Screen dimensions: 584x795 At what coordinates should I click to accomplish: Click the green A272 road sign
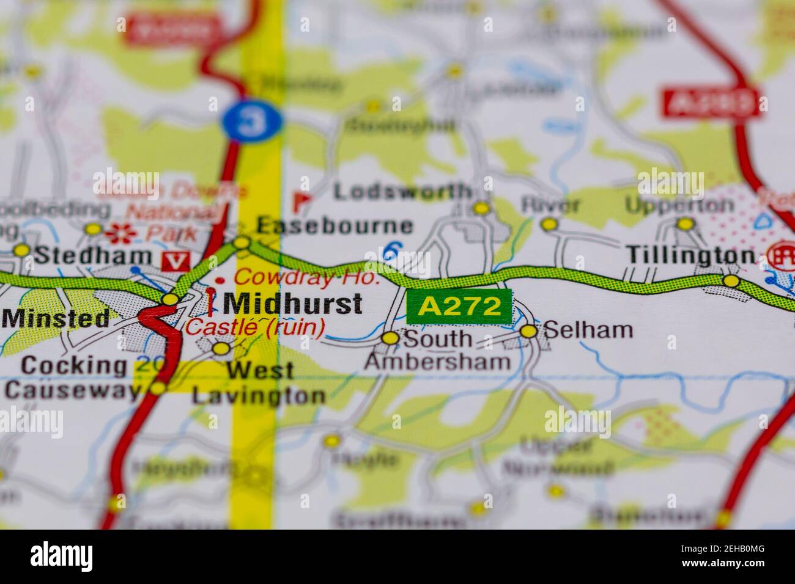point(459,307)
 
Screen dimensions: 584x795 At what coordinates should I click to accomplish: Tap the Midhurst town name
point(293,303)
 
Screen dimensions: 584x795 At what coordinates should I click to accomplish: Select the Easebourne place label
point(335,225)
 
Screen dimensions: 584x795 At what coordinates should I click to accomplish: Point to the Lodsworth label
point(403,191)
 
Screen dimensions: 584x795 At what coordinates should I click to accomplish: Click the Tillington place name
point(690,255)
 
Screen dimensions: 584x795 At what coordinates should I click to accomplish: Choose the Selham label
point(588,330)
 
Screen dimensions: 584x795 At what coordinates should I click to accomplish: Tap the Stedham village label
point(92,255)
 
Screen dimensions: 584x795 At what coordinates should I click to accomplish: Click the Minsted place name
point(56,318)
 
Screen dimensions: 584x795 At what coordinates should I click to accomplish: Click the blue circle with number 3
point(253,120)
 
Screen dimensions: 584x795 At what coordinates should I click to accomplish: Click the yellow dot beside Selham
point(529,331)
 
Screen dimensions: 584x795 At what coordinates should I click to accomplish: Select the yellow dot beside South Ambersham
point(390,338)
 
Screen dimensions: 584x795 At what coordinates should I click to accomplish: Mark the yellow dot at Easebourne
point(243,243)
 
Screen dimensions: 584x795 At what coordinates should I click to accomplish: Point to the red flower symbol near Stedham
point(113,232)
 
